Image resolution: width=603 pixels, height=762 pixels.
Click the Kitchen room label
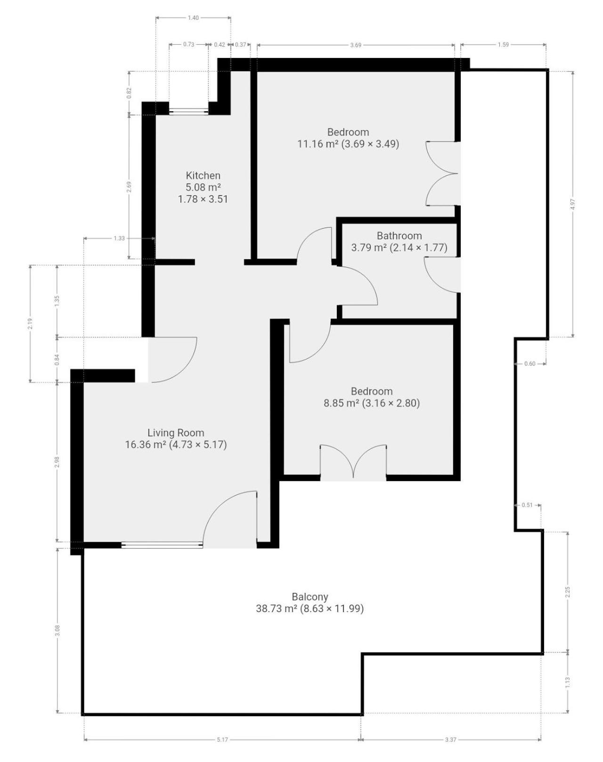click(x=203, y=175)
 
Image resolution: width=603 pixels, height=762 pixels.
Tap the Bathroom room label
click(x=399, y=236)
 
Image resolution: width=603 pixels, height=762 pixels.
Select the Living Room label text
click(x=176, y=433)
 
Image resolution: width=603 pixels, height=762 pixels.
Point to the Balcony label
click(x=310, y=597)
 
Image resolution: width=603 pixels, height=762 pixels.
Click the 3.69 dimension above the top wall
click(x=356, y=45)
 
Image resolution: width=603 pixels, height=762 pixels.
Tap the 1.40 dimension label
click(x=193, y=18)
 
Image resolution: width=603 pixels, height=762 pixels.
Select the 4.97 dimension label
click(x=572, y=205)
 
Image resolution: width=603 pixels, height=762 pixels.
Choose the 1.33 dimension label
click(x=119, y=238)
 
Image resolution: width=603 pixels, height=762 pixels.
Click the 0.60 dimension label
click(x=530, y=363)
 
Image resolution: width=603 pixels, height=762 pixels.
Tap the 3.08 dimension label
click(x=57, y=630)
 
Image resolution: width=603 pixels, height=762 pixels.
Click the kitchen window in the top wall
click(x=188, y=112)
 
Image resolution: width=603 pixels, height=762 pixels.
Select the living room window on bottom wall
click(x=162, y=545)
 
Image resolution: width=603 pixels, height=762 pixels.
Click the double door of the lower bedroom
click(x=353, y=462)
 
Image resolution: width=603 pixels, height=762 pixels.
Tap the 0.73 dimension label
click(x=189, y=45)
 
